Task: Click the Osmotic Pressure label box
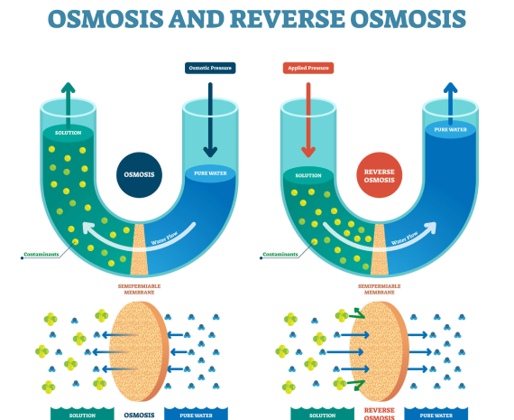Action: (x=210, y=68)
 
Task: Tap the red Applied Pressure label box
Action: (x=308, y=68)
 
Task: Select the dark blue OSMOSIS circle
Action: (x=139, y=174)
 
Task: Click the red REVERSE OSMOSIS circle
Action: (x=380, y=175)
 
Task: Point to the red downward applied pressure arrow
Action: (x=308, y=120)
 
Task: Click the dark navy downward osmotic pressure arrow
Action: (x=210, y=120)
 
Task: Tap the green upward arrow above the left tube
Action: (x=69, y=105)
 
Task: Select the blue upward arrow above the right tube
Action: (x=450, y=104)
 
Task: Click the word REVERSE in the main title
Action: (x=287, y=19)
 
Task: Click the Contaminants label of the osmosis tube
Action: (x=41, y=255)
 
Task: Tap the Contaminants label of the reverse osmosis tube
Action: (x=280, y=255)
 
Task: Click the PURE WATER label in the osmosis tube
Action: (x=210, y=173)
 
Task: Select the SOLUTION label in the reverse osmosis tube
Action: (x=308, y=176)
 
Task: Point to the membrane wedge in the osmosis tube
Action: (x=139, y=249)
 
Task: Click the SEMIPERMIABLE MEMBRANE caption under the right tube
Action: (x=380, y=289)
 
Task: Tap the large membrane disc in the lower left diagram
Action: (x=139, y=351)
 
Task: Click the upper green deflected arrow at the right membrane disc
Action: (x=357, y=313)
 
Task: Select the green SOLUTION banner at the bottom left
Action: (x=82, y=414)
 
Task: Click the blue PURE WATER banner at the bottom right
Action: (x=436, y=414)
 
